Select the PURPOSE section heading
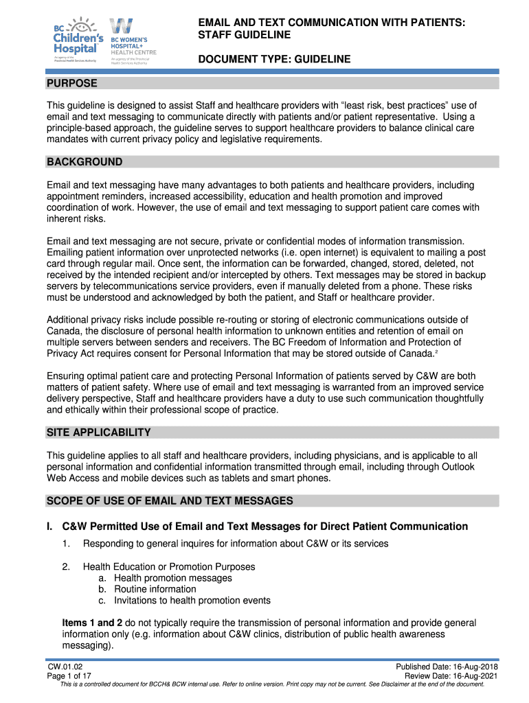(72, 84)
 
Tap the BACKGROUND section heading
(85, 162)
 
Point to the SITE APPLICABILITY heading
(98, 433)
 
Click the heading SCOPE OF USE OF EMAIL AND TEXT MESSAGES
(170, 501)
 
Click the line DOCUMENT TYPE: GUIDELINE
(274, 60)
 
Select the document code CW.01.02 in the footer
(66, 667)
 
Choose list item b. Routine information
(147, 589)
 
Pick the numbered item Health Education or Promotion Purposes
(169, 567)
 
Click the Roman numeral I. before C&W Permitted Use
(50, 527)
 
